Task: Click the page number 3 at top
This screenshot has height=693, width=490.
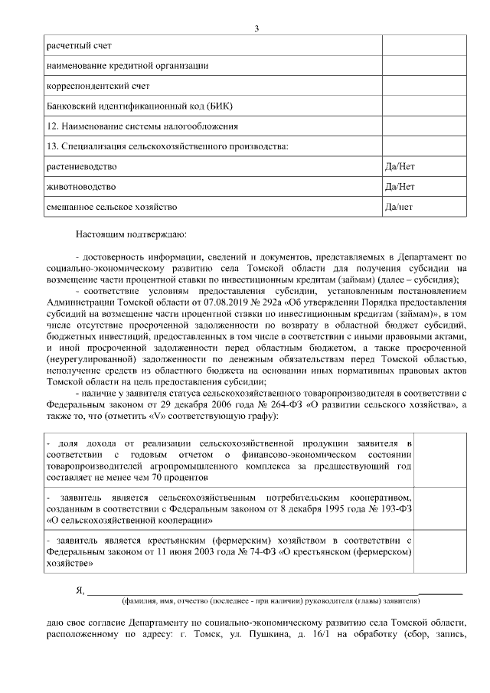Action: tap(256, 28)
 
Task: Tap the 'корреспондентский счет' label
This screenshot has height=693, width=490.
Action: tap(98, 86)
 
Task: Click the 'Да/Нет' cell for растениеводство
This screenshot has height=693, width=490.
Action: tap(400, 166)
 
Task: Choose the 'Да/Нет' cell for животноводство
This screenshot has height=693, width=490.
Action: tap(400, 186)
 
